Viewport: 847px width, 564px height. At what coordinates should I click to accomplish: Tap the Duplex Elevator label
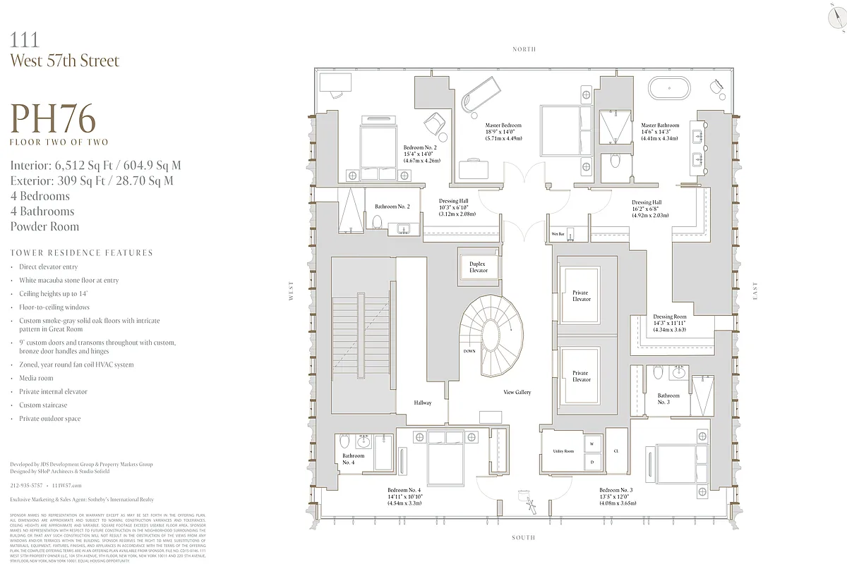pos(478,266)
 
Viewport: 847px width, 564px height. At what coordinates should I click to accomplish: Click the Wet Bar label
pos(558,233)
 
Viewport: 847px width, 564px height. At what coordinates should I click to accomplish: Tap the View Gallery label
pos(517,392)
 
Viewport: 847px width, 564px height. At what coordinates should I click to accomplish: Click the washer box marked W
pos(591,445)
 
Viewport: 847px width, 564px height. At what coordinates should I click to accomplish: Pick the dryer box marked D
pos(591,462)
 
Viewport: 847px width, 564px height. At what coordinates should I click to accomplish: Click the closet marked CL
pos(616,450)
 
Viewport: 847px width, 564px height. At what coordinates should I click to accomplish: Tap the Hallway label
pos(423,403)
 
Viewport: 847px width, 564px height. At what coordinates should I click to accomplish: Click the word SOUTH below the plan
pos(524,538)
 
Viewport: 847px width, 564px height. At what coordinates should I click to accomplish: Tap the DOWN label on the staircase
pos(469,350)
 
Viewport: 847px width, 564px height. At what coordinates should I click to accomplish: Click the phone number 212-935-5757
pos(25,486)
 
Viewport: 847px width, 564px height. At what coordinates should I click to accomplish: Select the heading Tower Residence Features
pos(81,252)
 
